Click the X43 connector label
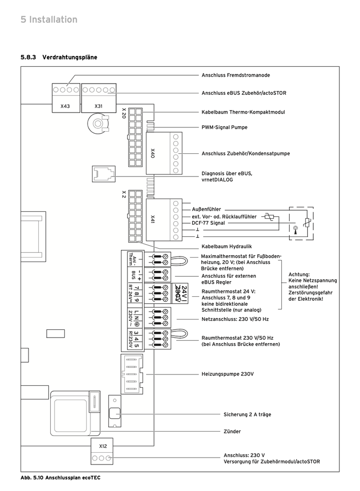pos(65,106)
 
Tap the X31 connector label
pos(98,106)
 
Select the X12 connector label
pos(103,446)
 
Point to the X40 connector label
pos(152,153)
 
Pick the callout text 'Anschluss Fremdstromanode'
pos(236,75)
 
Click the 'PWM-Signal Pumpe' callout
pos(224,127)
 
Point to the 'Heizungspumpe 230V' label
pos(227,374)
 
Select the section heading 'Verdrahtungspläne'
pos(69,58)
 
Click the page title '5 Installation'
pos(49,20)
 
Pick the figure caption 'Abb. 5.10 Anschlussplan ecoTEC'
pos(56,477)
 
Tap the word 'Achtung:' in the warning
pos(299,274)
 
